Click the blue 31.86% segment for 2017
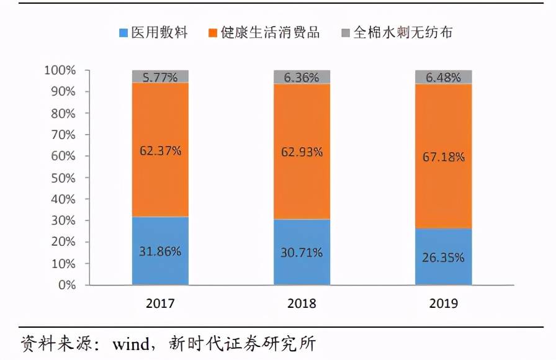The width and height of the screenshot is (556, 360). (160, 251)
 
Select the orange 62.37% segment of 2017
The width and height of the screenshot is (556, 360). (160, 150)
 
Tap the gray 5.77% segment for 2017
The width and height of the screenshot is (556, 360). (160, 76)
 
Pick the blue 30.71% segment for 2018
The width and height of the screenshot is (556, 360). (302, 252)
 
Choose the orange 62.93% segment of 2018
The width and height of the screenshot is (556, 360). (302, 151)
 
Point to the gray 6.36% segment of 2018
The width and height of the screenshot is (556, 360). (302, 77)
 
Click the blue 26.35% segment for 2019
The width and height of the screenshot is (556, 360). (444, 257)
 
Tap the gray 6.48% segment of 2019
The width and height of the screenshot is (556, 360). (444, 77)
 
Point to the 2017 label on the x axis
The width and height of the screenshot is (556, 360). (160, 304)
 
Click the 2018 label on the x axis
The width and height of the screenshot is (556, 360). (302, 304)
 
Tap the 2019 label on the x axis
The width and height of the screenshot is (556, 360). (444, 304)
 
